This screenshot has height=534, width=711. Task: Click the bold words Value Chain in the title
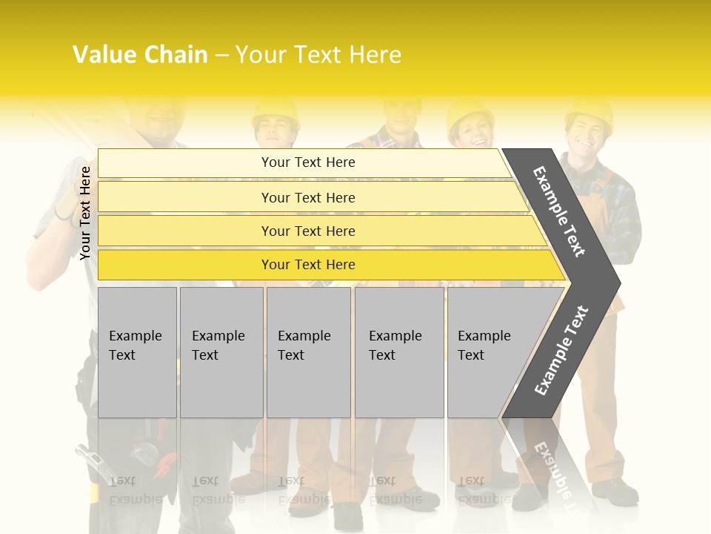140,55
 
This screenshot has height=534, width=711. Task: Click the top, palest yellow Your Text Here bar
307,162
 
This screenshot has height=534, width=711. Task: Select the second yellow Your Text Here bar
307,197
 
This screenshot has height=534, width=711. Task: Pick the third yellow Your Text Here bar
307,231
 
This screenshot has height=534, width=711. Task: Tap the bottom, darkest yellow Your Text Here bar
307,265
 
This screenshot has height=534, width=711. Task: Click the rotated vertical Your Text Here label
85,213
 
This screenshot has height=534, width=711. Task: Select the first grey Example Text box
137,352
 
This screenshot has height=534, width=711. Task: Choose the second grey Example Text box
221,352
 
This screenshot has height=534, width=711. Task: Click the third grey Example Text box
308,352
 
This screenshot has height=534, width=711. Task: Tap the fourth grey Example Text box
398,352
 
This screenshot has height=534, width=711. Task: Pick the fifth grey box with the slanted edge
489,352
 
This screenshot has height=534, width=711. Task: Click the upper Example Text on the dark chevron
560,211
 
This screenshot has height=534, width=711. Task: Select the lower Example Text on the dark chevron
561,351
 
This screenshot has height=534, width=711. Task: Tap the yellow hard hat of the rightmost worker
589,111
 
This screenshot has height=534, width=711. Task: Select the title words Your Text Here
318,55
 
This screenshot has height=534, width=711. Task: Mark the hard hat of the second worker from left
275,111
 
